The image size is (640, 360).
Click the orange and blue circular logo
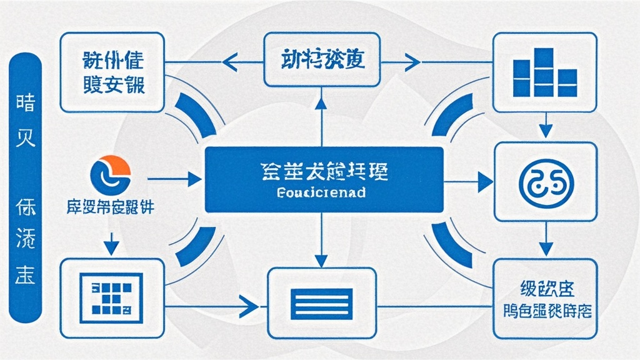coord(111,174)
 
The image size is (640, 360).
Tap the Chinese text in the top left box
coord(113,73)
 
